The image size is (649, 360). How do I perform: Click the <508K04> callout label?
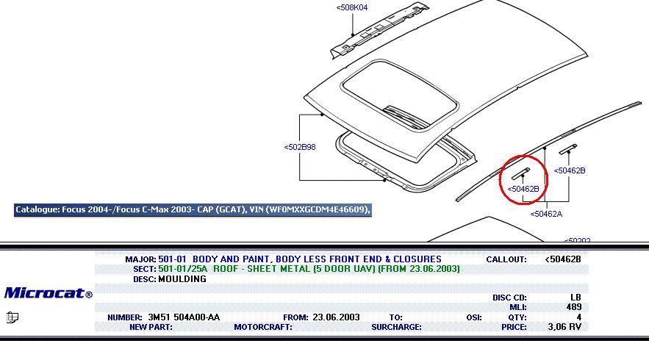pyautogui.click(x=352, y=7)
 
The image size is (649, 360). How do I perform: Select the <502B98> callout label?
pyautogui.click(x=300, y=147)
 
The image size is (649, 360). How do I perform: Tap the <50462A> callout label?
pyautogui.click(x=546, y=214)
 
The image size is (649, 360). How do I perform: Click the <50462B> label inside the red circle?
pyautogui.click(x=523, y=189)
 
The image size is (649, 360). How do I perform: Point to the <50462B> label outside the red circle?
pyautogui.click(x=570, y=170)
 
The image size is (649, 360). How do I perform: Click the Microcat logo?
pyautogui.click(x=48, y=293)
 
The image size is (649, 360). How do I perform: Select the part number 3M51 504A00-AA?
pyautogui.click(x=184, y=317)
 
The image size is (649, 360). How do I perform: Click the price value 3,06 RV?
pyautogui.click(x=564, y=327)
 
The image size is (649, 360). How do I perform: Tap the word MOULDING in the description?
pyautogui.click(x=182, y=279)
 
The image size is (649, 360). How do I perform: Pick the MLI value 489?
pyautogui.click(x=574, y=307)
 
